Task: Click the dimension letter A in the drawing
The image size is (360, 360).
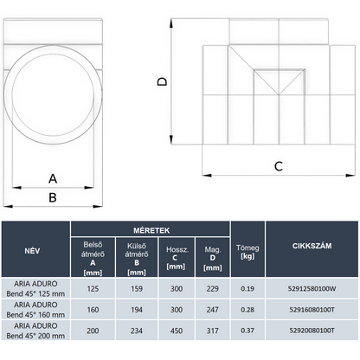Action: [x=53, y=179]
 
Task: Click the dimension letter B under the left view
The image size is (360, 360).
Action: [x=53, y=197]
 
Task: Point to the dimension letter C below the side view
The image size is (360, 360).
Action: [x=279, y=166]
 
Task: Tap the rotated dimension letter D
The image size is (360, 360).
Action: [x=162, y=81]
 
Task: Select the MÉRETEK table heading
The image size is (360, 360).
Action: [x=151, y=230]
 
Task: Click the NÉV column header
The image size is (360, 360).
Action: [x=32, y=251]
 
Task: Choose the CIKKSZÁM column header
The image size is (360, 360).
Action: [x=312, y=246]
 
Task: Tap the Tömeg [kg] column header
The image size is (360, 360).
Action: [x=247, y=252]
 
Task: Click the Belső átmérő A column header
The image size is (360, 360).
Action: [x=93, y=259]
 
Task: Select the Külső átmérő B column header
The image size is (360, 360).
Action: [x=137, y=259]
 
